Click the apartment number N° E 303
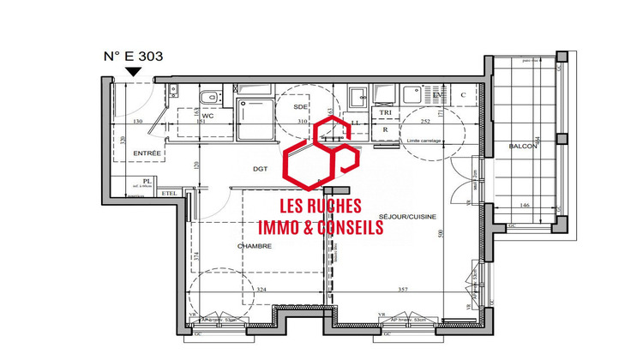[132, 57]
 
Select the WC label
[183, 116]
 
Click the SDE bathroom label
[300, 107]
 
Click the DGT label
[261, 169]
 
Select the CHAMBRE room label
[255, 246]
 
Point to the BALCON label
[522, 147]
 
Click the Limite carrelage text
[424, 140]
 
